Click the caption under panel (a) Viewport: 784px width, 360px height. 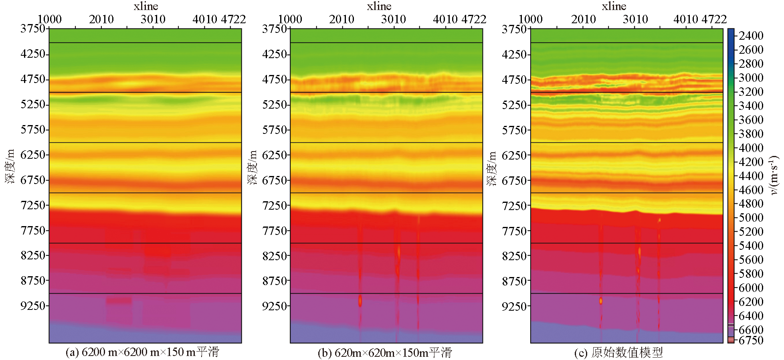tap(142, 352)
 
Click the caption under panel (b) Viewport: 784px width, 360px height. tap(385, 352)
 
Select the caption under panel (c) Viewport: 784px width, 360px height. tap(618, 352)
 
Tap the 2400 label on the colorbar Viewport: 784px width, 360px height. tap(751, 36)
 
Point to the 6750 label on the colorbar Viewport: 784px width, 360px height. tap(751, 340)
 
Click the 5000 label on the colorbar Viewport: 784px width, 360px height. tap(751, 218)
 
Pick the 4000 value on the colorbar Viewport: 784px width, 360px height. tap(751, 148)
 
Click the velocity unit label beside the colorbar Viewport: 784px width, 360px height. tap(774, 174)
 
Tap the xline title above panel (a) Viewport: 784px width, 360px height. tap(146, 6)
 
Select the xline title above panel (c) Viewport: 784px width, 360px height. tap(614, 6)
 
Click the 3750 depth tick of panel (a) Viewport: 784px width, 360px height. tap(33, 29)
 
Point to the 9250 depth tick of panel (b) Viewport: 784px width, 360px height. tap(275, 306)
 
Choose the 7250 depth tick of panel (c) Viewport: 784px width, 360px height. tap(514, 206)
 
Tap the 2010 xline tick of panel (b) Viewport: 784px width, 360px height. tap(341, 19)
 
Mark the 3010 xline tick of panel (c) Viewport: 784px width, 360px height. tap(635, 19)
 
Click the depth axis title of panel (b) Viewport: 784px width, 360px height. tap(253, 168)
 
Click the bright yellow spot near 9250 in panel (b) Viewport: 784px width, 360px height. tap(360, 300)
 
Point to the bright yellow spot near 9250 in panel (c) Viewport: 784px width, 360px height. tap(601, 301)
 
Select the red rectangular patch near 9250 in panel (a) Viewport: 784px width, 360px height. tap(119, 300)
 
